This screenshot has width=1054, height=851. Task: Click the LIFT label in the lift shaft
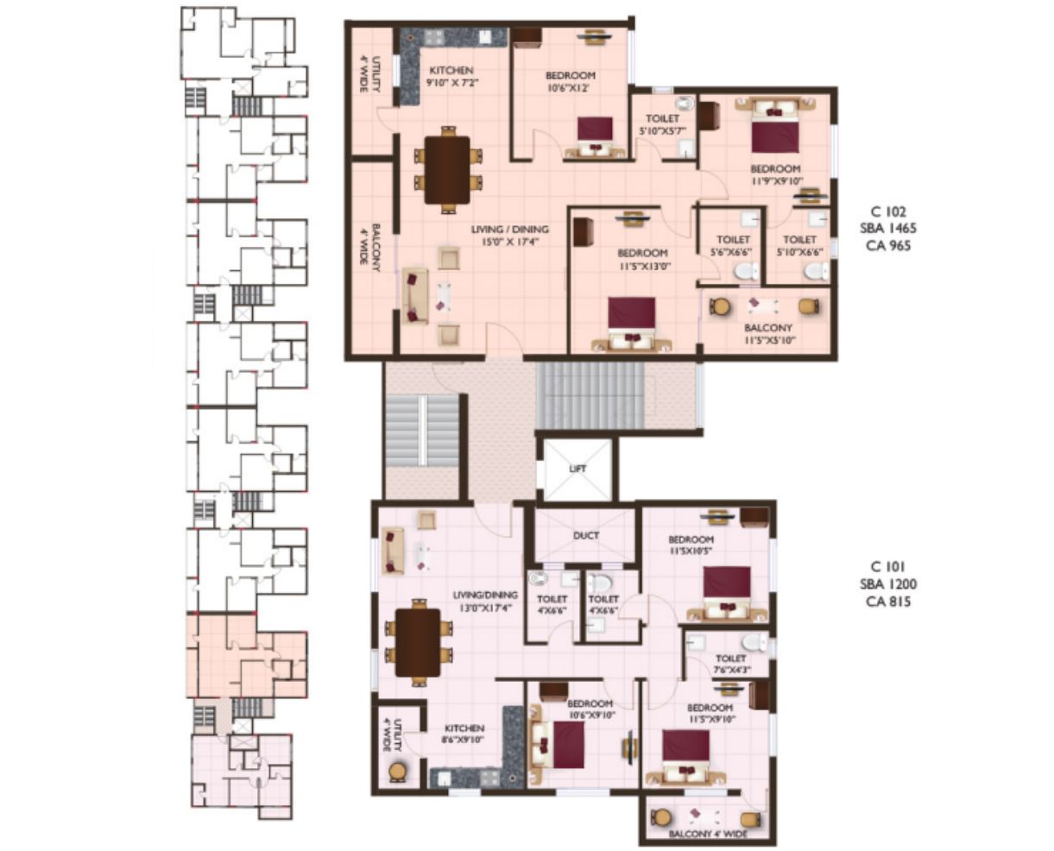tap(577, 469)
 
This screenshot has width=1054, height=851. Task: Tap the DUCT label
tap(586, 535)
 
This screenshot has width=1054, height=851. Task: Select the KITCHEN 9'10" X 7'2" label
tap(452, 76)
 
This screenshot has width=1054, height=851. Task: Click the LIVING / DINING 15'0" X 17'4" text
tap(509, 235)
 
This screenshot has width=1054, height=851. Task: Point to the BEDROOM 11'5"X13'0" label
tap(643, 259)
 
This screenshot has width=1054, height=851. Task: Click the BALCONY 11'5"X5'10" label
tap(768, 334)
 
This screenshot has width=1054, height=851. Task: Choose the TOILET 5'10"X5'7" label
tap(663, 124)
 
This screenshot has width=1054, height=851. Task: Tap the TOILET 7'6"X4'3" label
tap(731, 664)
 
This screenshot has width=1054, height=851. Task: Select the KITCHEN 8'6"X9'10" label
tap(464, 734)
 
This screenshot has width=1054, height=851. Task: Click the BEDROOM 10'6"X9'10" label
tap(590, 709)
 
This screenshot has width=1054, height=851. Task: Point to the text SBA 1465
tap(889, 228)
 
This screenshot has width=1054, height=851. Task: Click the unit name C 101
tap(889, 566)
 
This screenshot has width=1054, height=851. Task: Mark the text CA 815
tap(889, 602)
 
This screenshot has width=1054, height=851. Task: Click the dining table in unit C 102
tap(447, 170)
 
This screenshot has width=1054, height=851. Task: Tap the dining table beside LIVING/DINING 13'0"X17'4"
tap(418, 643)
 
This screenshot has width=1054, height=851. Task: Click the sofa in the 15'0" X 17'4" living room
tap(415, 296)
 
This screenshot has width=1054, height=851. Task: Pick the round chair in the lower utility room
tap(397, 772)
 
